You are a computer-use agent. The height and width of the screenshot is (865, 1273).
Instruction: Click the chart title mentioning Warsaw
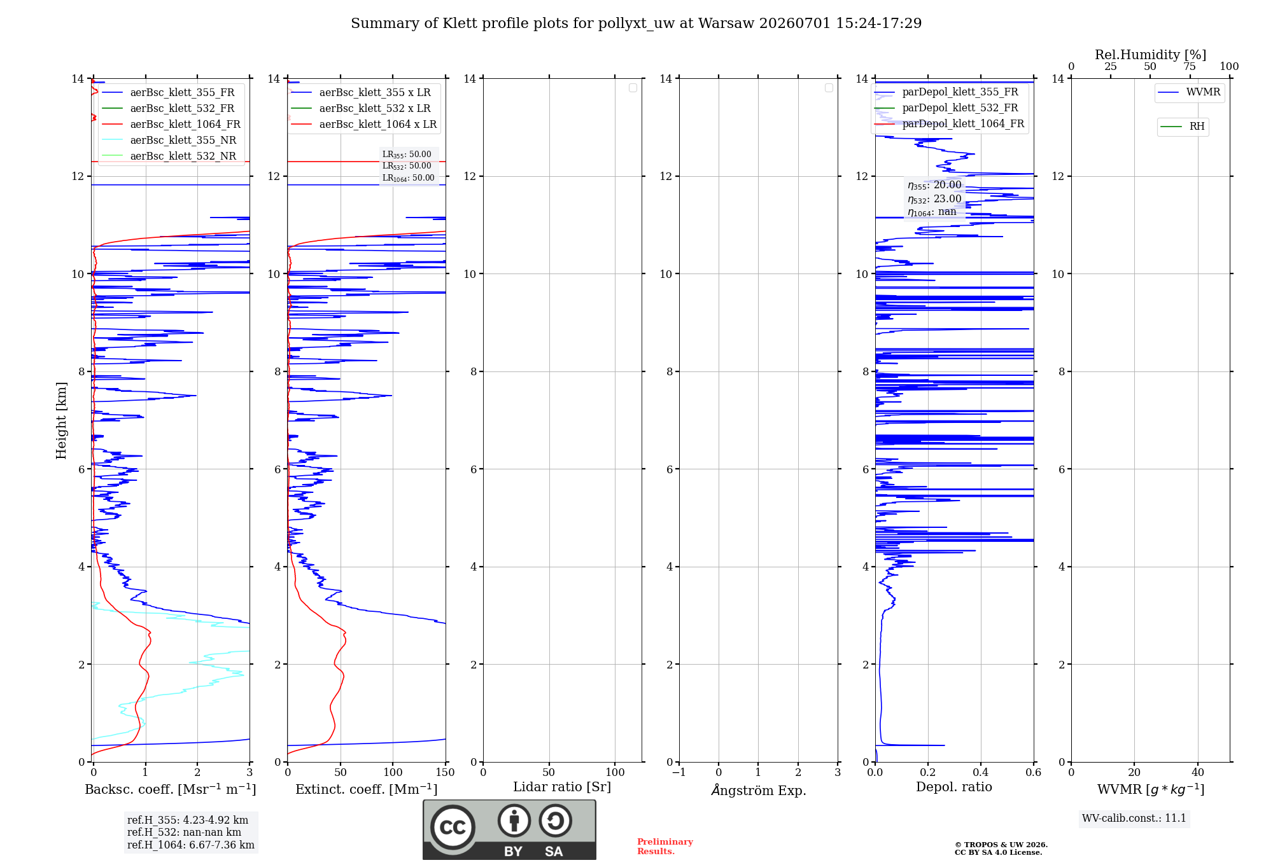[636, 24]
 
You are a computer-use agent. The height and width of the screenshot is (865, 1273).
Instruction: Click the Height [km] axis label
[61, 420]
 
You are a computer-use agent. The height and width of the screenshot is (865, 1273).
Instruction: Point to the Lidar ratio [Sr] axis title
[562, 787]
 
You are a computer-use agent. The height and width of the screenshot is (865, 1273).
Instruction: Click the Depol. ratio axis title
[953, 787]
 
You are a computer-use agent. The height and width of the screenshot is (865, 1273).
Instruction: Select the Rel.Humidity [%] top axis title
[1150, 55]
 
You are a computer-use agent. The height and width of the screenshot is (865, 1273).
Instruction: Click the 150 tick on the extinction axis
[445, 772]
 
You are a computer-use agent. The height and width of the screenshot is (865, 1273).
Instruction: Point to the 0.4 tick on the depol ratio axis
[980, 772]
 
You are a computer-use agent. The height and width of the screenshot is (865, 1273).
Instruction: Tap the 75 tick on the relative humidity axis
[1189, 66]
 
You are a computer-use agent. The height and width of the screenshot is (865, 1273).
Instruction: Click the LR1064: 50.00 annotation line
[408, 178]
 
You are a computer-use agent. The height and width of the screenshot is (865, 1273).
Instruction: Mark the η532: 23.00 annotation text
[934, 199]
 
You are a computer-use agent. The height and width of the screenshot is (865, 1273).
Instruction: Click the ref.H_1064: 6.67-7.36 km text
[190, 845]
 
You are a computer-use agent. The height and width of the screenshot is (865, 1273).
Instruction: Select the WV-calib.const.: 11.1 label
[1134, 818]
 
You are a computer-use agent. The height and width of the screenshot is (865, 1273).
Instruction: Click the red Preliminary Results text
[665, 847]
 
